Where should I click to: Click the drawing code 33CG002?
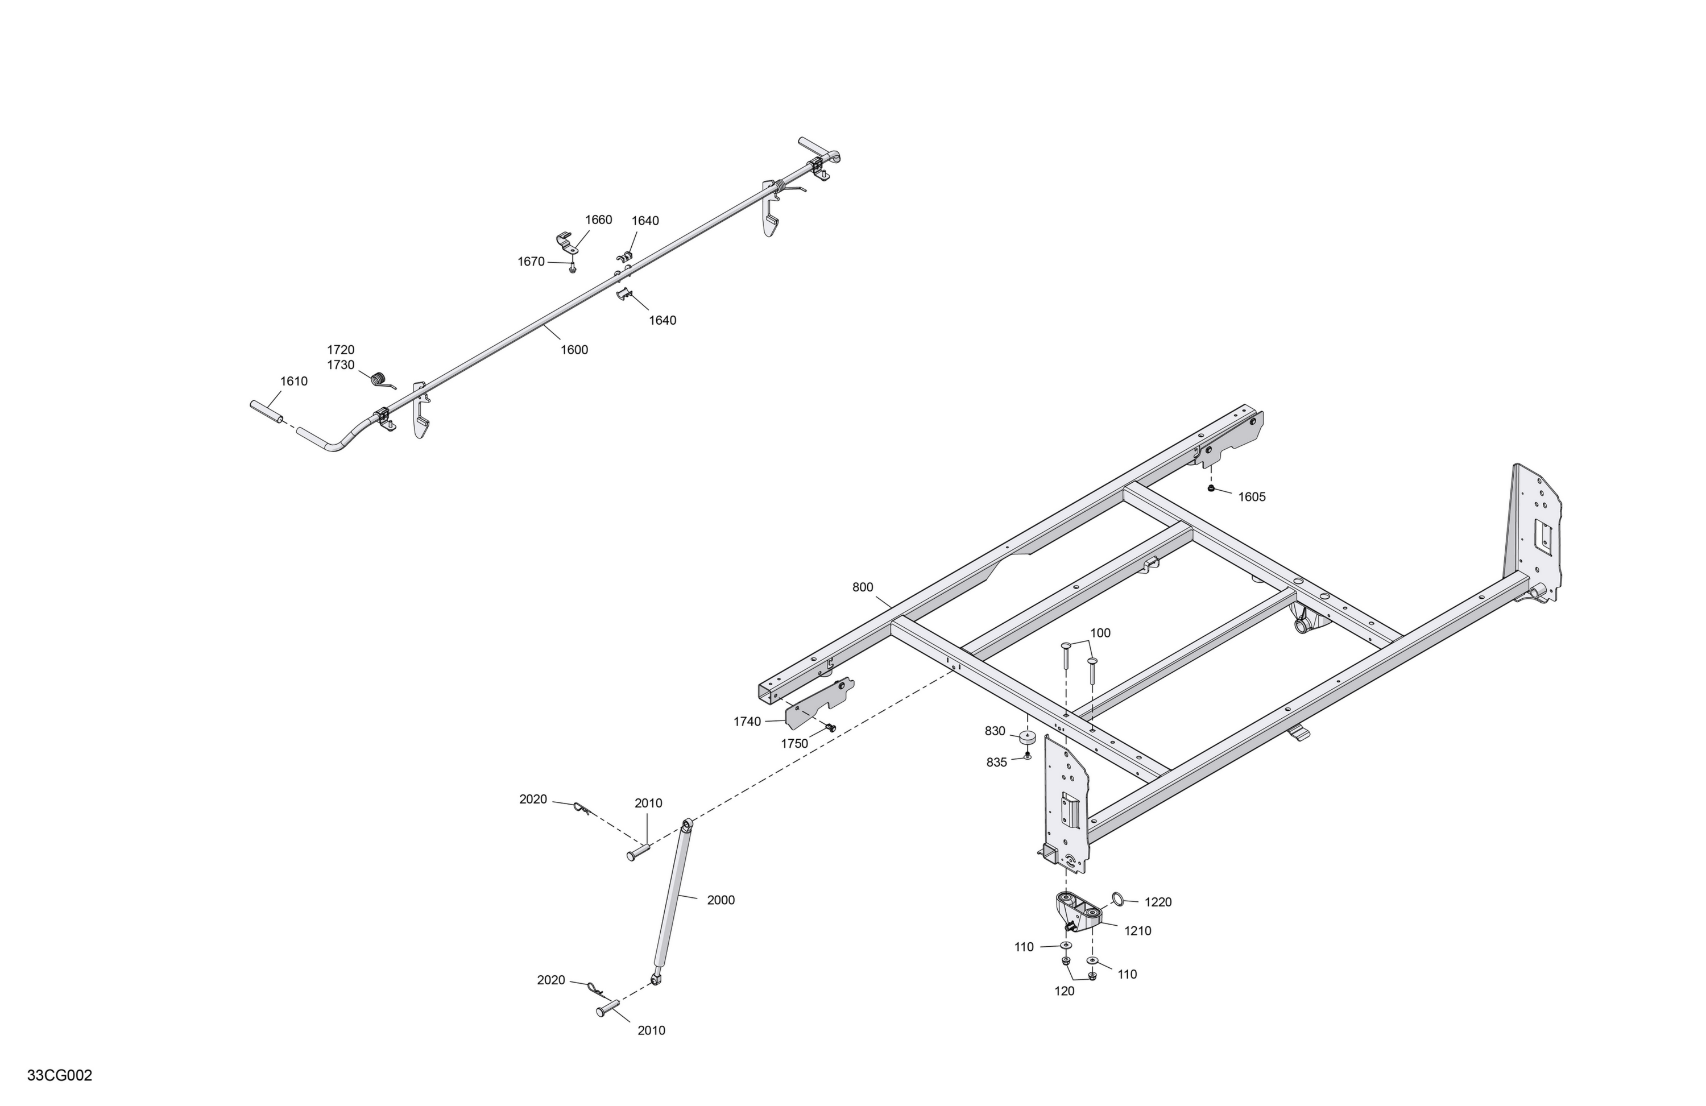click(x=60, y=1076)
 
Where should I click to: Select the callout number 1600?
click(x=574, y=350)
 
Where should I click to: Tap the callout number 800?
click(x=862, y=587)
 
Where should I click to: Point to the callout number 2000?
click(x=721, y=900)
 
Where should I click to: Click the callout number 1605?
click(x=1252, y=498)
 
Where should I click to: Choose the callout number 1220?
click(x=1158, y=902)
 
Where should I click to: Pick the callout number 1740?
click(x=747, y=722)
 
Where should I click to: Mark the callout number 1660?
click(x=599, y=220)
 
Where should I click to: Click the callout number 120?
click(x=1065, y=991)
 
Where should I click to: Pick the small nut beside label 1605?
click(x=1211, y=488)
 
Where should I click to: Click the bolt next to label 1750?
click(x=830, y=727)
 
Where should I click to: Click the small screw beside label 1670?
click(x=572, y=267)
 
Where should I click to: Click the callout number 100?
click(x=1100, y=633)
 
